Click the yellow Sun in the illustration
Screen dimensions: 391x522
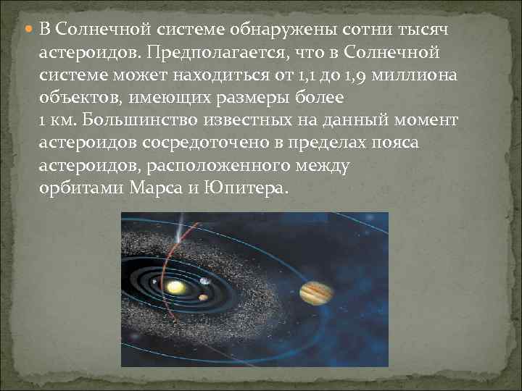coord(174,287)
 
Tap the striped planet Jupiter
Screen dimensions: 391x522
coord(317,293)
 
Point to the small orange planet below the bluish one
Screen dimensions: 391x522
coord(204,296)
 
